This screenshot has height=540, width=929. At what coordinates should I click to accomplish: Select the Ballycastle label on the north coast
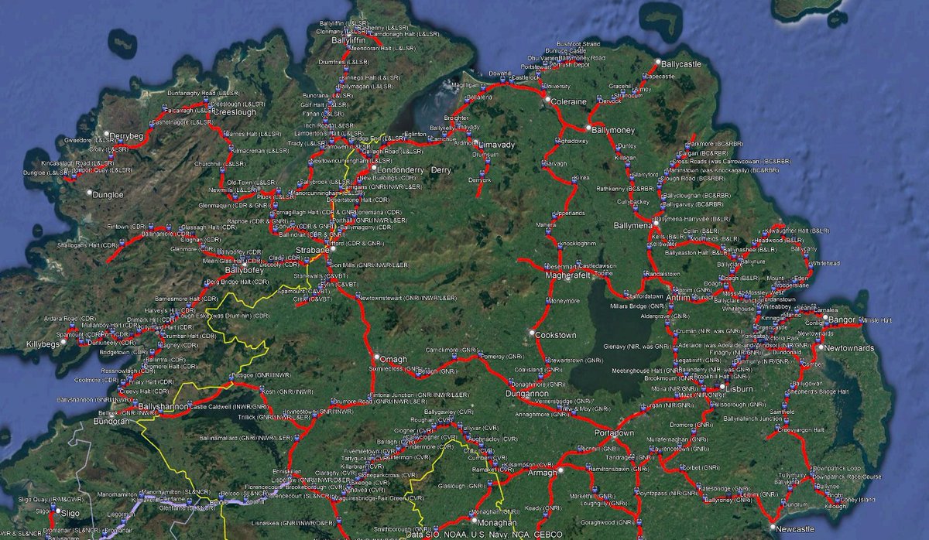coord(682,63)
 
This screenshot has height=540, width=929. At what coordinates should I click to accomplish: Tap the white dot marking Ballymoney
coord(588,127)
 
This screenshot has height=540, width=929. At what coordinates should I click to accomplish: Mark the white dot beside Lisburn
coord(721,386)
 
